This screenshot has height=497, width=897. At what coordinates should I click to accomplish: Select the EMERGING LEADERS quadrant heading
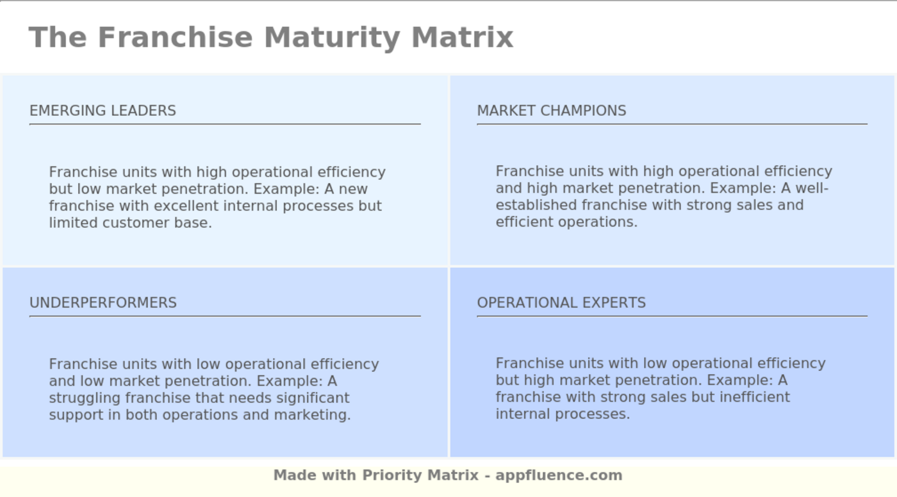(x=103, y=110)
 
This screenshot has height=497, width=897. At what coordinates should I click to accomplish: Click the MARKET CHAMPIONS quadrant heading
(x=552, y=110)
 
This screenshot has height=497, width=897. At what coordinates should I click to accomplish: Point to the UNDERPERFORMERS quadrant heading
(x=103, y=302)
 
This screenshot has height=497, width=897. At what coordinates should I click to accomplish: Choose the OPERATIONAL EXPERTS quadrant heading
(x=561, y=302)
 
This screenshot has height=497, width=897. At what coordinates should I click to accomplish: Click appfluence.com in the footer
(x=559, y=475)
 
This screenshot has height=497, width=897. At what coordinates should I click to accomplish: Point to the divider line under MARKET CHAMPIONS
(x=672, y=124)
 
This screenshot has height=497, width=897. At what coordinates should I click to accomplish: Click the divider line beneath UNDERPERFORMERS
(x=225, y=316)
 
